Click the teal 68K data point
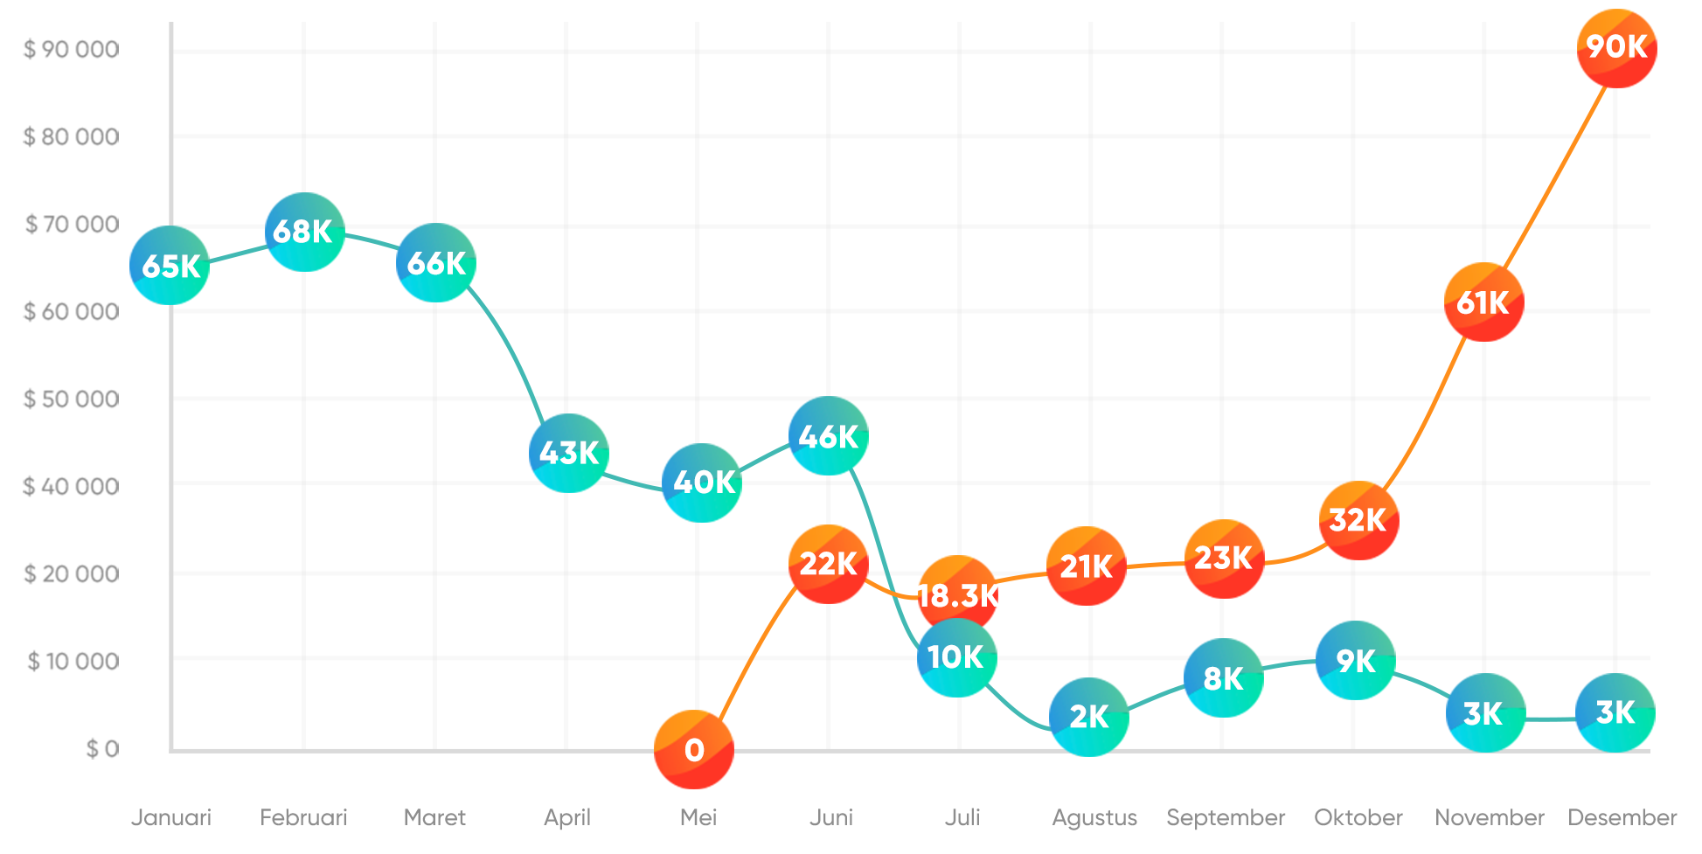tap(304, 232)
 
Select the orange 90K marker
tap(1616, 48)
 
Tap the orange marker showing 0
tap(694, 750)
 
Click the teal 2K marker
tap(1088, 717)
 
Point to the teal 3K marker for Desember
tap(1615, 713)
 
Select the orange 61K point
tap(1483, 302)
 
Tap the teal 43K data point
tap(568, 453)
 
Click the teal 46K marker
tap(828, 435)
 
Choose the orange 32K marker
tap(1358, 520)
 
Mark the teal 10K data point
tap(956, 658)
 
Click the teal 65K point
tap(170, 265)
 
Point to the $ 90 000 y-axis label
tap(72, 49)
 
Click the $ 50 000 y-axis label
tap(72, 399)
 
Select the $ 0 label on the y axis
tap(102, 748)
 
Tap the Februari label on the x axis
tap(303, 817)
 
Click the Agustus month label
tap(1094, 817)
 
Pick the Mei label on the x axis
tap(698, 817)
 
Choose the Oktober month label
tap(1358, 817)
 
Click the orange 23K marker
tap(1224, 559)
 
